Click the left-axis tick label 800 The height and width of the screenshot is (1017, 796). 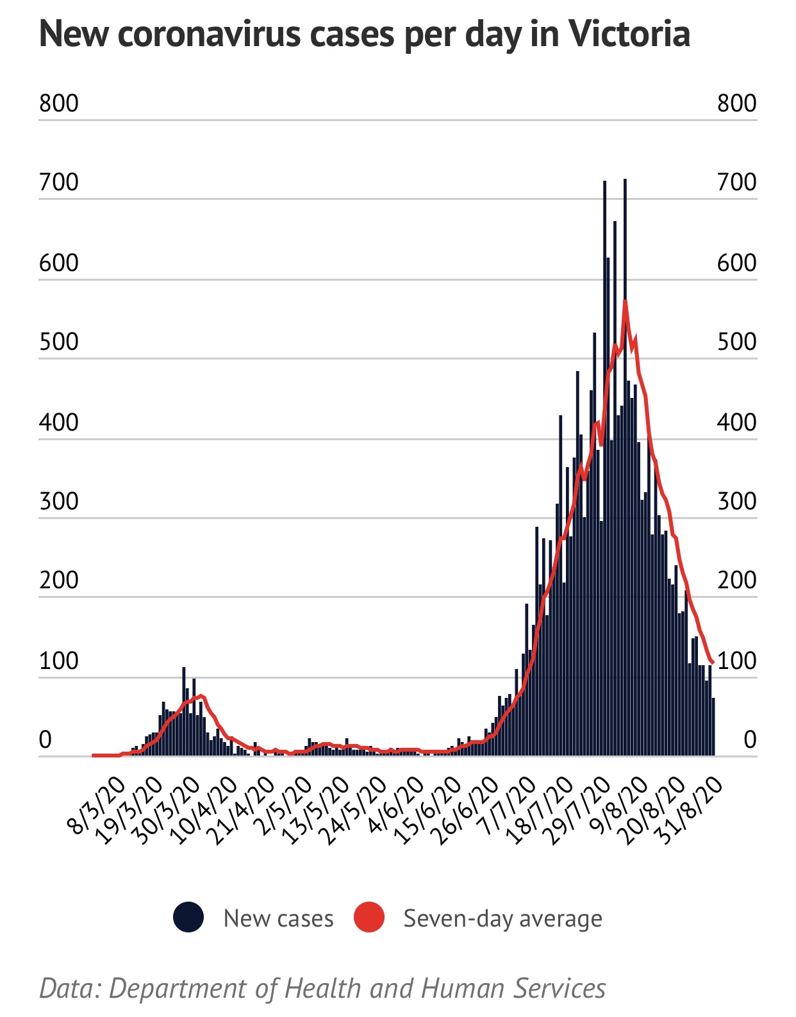58,103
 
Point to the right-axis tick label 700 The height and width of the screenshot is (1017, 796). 736,183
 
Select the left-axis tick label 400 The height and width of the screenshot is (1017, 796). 58,422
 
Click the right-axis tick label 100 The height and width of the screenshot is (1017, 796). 736,661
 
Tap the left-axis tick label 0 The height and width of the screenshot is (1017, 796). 45,740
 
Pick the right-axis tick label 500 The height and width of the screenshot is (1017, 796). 736,342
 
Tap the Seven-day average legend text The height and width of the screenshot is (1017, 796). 502,919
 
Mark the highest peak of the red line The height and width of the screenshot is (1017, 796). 624,301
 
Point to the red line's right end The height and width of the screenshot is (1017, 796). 712,662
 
